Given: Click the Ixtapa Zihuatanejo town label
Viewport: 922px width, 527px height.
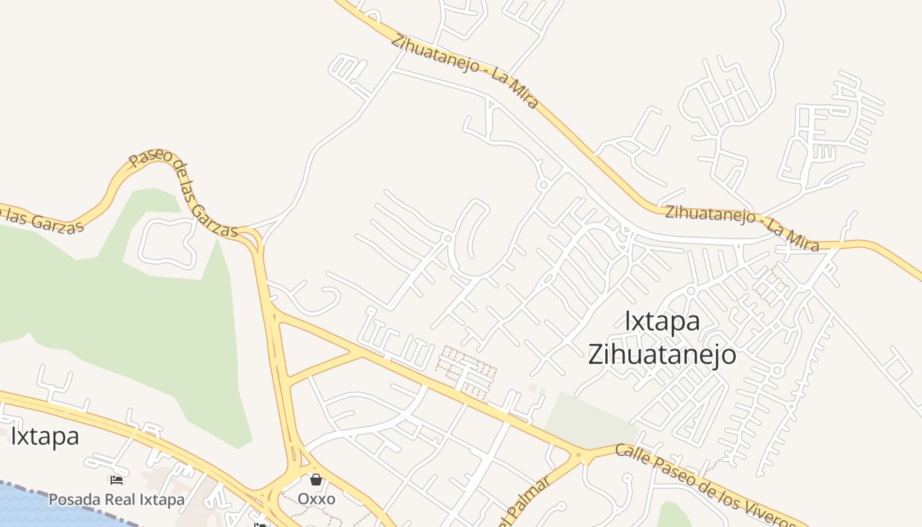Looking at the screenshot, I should pos(661,338).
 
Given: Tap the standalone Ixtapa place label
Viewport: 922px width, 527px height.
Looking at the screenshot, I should pos(45,436).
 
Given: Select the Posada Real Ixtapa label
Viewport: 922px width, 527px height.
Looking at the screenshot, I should pos(117,499).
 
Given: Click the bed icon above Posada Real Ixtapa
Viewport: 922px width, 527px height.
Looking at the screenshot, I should pos(117,480).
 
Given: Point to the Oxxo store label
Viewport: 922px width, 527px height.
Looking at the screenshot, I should pos(316,499).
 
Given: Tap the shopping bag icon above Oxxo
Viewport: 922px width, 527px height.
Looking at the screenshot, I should pos(316,480).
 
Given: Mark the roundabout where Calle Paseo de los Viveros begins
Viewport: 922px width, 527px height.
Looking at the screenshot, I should pos(580,454).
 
